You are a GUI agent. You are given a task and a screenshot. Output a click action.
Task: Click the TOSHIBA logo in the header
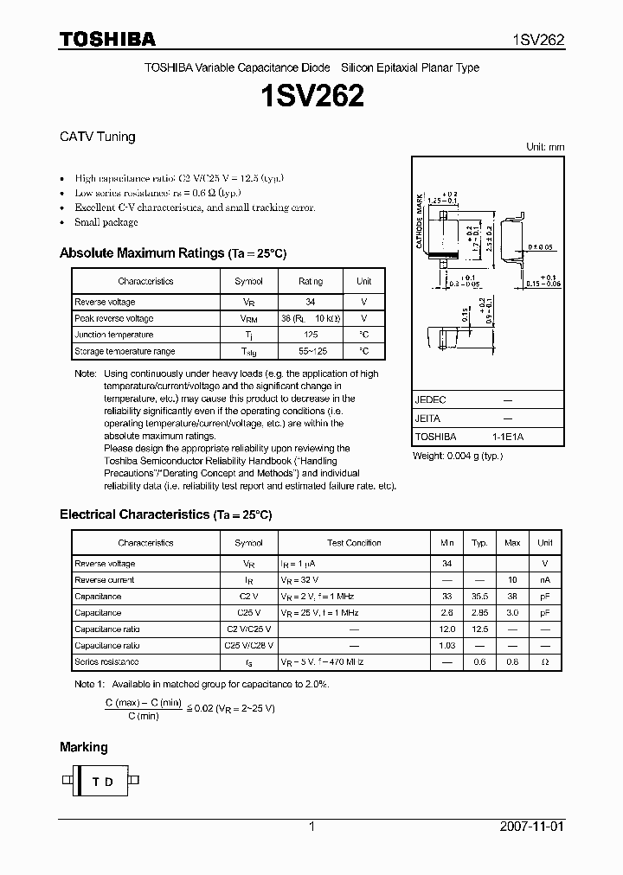107,40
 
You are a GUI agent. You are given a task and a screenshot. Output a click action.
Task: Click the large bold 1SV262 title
311,96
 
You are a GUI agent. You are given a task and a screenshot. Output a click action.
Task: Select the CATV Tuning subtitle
97,137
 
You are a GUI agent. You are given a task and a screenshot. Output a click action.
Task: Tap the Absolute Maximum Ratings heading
141,253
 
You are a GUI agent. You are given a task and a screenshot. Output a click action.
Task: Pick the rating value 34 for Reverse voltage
311,302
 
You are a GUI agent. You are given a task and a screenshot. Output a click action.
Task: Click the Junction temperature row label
113,335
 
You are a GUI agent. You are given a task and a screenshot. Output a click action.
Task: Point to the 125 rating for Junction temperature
311,335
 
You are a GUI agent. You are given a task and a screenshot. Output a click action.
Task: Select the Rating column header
311,281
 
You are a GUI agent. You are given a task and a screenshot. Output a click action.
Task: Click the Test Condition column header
354,543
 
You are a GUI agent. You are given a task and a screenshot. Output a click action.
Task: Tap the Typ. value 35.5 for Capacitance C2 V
479,597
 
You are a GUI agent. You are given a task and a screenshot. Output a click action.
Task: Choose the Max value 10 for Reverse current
512,580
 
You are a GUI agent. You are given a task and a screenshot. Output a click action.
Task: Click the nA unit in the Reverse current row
545,580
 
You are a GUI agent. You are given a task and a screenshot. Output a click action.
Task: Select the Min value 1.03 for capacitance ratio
446,646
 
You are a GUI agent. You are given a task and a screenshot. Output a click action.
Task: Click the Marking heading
83,747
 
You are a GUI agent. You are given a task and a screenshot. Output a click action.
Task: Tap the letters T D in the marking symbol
103,782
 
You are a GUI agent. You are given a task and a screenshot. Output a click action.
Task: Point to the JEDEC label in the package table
430,400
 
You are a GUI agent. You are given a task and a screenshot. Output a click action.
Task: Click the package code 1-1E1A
508,437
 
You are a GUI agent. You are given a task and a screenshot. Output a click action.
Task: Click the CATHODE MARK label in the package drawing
419,222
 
